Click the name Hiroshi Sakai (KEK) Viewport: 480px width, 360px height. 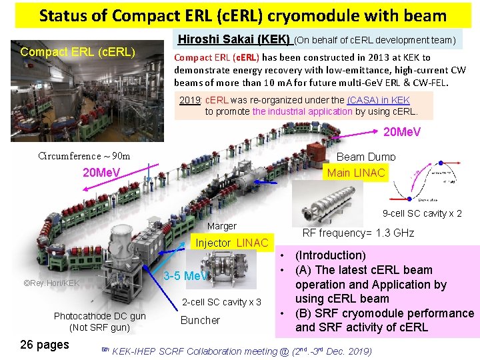tap(233, 39)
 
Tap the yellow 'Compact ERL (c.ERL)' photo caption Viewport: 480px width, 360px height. tap(78, 52)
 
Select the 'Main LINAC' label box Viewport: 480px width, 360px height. tap(356, 173)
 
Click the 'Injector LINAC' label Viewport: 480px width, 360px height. tap(231, 243)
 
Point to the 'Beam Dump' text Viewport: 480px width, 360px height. tap(366, 157)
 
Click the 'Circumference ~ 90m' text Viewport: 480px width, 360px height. tap(85, 157)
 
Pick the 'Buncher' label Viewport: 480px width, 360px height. tap(200, 320)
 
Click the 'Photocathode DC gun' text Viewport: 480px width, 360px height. tap(100, 316)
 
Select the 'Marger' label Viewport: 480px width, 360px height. tap(221, 227)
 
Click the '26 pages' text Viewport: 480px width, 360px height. tap(45, 345)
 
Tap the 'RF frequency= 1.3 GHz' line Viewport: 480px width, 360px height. tap(358, 233)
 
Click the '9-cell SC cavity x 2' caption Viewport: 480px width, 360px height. tap(422, 214)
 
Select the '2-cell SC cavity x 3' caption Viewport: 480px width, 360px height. tap(221, 302)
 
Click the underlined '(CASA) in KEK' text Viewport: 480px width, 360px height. tap(379, 99)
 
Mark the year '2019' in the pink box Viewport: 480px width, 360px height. tap(191, 99)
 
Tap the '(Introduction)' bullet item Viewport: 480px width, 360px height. tap(330, 255)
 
